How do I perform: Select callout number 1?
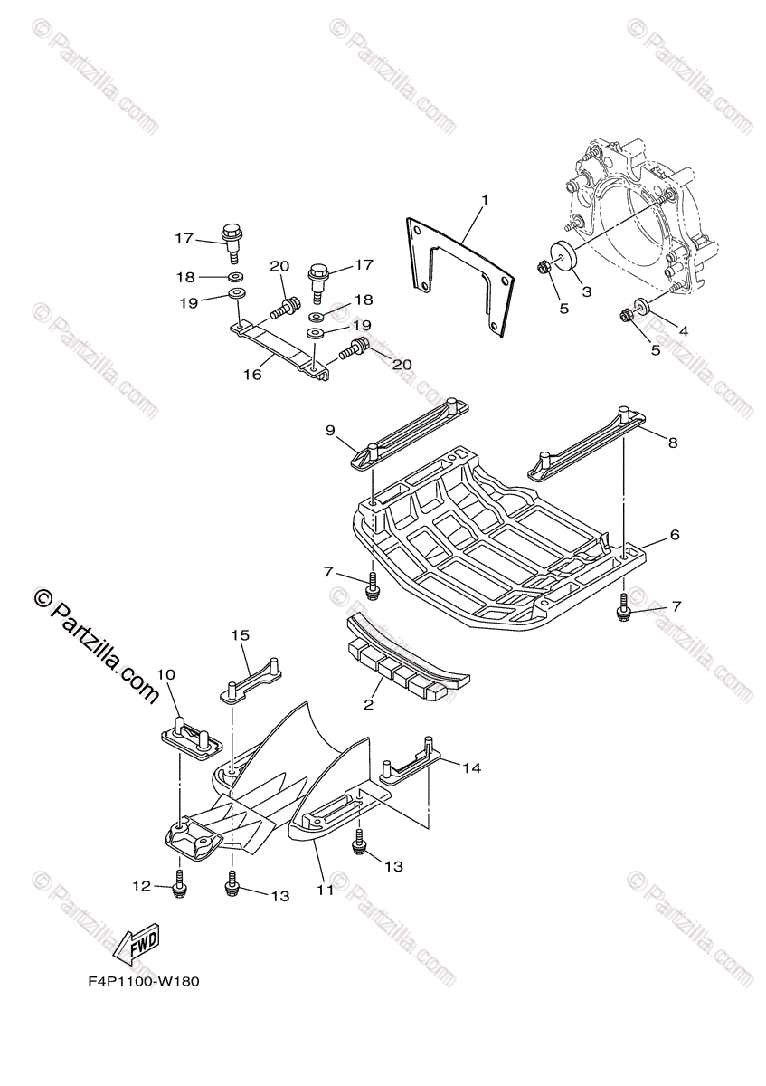click(485, 199)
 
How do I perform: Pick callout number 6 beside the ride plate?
click(675, 535)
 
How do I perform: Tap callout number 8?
click(673, 443)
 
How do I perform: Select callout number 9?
click(331, 429)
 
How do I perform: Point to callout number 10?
click(166, 674)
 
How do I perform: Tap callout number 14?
click(471, 768)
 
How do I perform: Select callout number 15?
click(240, 636)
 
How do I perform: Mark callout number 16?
click(252, 374)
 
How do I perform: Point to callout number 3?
click(586, 291)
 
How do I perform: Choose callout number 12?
click(141, 888)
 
